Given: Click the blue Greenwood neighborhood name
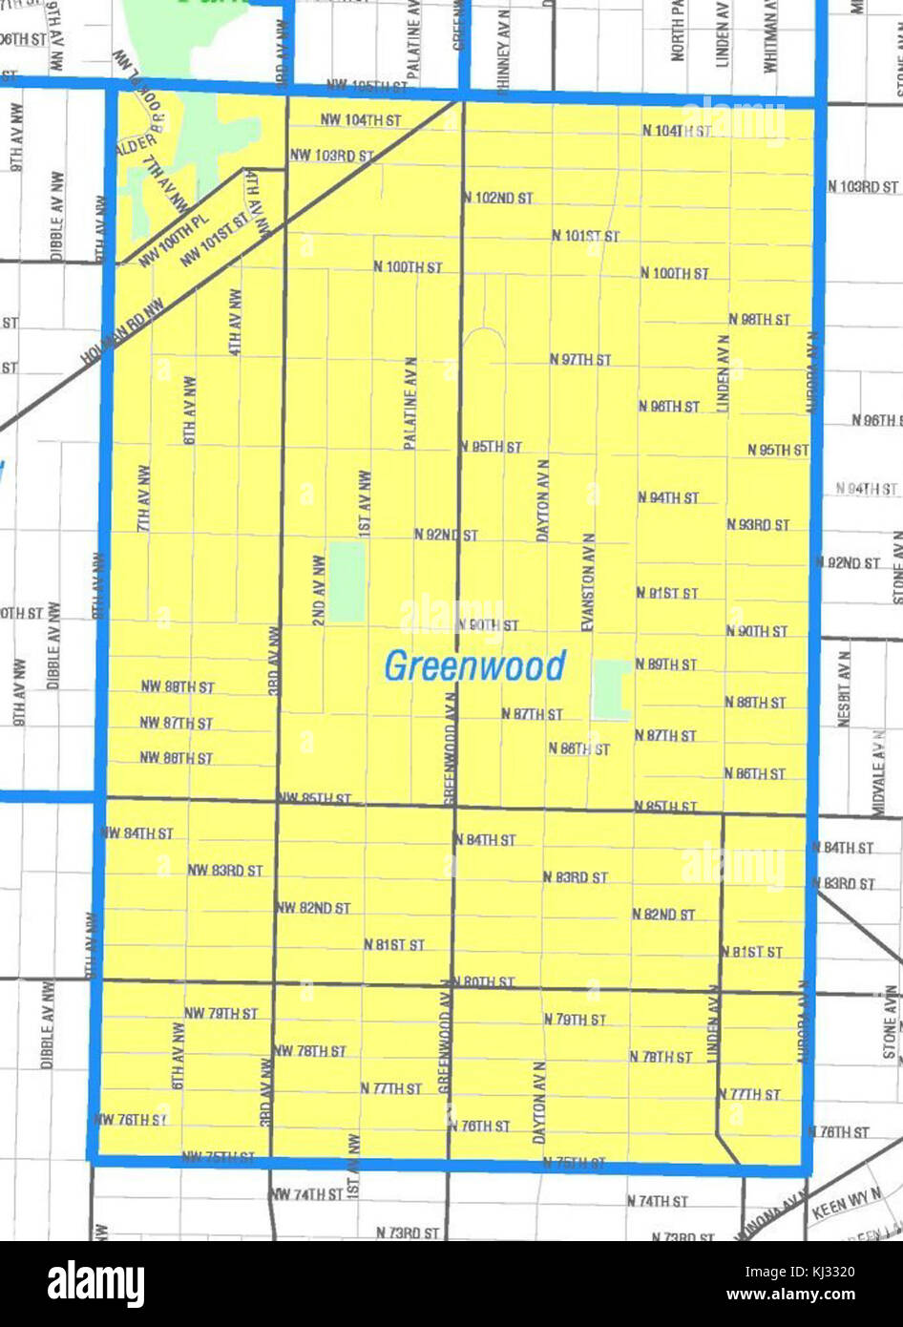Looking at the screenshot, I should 474,666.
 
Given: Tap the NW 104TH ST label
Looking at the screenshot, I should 346,121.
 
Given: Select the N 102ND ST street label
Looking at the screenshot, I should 497,199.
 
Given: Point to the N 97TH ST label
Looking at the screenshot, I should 580,360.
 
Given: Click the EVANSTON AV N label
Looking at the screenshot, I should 588,581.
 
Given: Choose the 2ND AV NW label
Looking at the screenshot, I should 319,590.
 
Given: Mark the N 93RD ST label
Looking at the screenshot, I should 758,525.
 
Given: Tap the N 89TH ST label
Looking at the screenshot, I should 666,664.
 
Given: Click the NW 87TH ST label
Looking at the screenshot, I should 177,723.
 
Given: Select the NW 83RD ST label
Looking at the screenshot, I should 224,871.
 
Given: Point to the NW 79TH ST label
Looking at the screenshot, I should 220,1014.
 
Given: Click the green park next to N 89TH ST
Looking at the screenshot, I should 611,689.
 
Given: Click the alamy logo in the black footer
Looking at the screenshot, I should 95,1284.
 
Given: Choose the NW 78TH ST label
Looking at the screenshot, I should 309,1051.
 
